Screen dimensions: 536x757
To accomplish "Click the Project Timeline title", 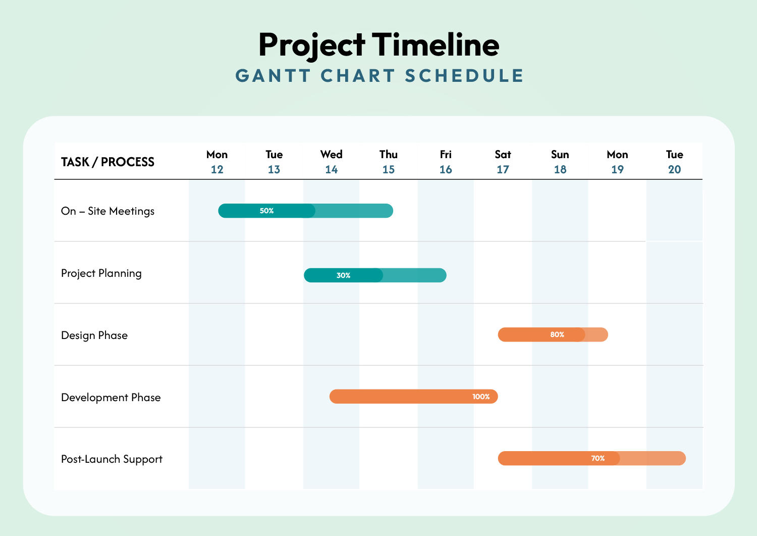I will tap(379, 45).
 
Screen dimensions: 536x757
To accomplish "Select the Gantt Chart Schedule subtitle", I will tap(380, 76).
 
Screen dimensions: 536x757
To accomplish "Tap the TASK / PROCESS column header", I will tap(107, 162).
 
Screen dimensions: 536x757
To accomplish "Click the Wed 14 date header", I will tap(331, 162).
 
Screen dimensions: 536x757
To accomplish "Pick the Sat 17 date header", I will tap(503, 162).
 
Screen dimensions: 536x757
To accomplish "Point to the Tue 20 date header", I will tap(674, 162).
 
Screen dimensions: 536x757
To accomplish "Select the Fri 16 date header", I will tap(446, 162).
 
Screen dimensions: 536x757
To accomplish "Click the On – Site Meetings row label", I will tap(107, 211).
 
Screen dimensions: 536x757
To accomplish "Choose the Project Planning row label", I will tap(101, 273).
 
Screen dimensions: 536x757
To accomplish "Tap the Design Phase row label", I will tap(94, 335).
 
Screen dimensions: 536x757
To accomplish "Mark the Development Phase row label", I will tap(111, 398).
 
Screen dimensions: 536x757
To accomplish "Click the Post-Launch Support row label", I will tap(112, 459).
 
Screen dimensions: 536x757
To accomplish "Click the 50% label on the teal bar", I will tap(266, 211).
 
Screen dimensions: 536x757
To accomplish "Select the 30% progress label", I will tap(343, 275).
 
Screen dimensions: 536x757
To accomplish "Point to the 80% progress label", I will tap(557, 334).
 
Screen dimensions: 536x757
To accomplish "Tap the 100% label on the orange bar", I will tap(481, 397).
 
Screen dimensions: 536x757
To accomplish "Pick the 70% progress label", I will tap(598, 458).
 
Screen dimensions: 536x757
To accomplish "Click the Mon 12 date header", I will tap(217, 162).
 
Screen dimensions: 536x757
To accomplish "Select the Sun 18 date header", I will tap(560, 162).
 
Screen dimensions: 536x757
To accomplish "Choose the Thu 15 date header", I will tap(389, 162).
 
